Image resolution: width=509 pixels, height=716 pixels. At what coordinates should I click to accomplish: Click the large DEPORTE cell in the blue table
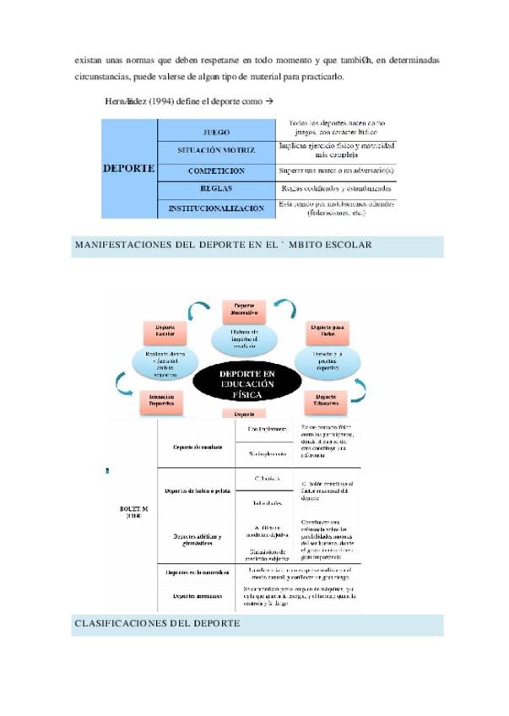click(x=128, y=168)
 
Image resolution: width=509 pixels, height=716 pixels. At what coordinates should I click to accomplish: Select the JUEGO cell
click(x=217, y=133)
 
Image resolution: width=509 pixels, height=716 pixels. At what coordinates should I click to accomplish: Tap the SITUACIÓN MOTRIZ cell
click(x=217, y=150)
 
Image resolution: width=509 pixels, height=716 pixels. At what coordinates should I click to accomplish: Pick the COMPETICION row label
click(x=217, y=171)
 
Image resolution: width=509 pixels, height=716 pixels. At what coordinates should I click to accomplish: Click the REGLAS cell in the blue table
click(x=217, y=189)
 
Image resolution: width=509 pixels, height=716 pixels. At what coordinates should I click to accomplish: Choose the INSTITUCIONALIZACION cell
click(x=217, y=209)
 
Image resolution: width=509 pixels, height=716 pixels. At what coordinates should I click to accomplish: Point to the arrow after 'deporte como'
click(x=270, y=101)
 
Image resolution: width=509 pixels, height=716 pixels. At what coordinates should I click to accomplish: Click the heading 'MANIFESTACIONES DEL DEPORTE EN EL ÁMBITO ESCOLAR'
click(x=224, y=245)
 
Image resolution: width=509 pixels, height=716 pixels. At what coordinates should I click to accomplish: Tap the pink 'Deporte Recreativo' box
click(x=244, y=311)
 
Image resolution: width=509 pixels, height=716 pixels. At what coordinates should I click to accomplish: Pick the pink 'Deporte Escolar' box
click(x=165, y=330)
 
